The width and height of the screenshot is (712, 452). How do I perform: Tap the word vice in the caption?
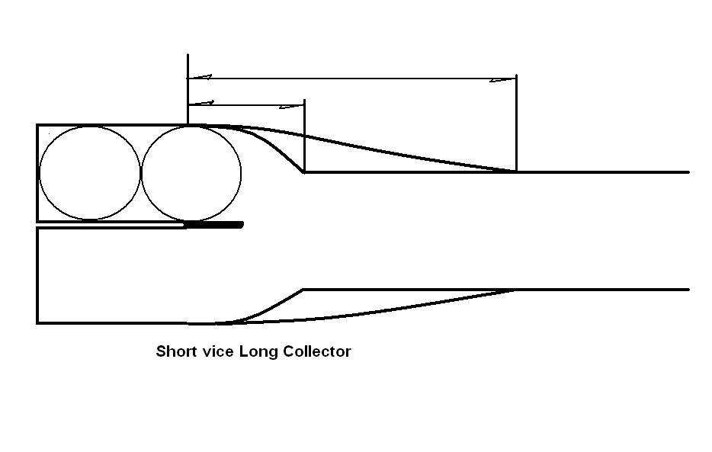click(x=216, y=351)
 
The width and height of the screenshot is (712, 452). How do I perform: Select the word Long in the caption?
click(x=259, y=352)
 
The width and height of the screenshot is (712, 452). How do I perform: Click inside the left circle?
click(x=90, y=174)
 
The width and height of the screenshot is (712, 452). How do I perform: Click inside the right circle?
click(x=191, y=174)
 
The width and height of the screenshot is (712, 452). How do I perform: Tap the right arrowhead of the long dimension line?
click(x=503, y=79)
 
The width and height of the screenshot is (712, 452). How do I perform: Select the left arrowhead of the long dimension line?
click(x=200, y=78)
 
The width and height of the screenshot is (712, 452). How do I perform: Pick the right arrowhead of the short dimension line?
click(x=293, y=104)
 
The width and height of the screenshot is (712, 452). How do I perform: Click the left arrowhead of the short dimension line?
click(x=200, y=103)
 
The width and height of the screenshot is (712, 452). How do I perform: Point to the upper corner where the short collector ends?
click(x=304, y=172)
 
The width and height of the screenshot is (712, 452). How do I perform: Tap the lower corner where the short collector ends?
click(x=304, y=290)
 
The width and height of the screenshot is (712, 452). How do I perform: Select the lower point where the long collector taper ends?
click(x=516, y=290)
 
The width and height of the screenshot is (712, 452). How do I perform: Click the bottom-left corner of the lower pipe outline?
click(x=37, y=323)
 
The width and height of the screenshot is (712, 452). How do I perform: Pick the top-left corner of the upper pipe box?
click(x=37, y=125)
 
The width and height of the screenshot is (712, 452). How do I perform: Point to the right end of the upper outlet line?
click(x=688, y=172)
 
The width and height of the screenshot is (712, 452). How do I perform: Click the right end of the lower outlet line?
click(x=688, y=290)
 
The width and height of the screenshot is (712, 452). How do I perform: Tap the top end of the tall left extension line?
click(x=188, y=55)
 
